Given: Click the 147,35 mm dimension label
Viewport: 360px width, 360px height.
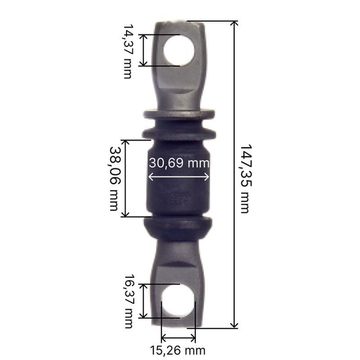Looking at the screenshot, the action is [x=246, y=179].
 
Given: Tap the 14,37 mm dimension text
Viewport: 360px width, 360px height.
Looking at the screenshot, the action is [x=127, y=51].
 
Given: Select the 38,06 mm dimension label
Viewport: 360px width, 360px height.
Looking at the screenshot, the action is [x=114, y=179].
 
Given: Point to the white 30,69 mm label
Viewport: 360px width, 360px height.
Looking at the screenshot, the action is [x=179, y=163].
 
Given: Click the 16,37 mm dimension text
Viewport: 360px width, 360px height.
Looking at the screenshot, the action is [x=129, y=302].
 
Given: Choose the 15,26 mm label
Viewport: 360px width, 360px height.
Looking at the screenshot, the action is [x=178, y=351].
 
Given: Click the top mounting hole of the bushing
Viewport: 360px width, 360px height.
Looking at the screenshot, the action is [x=179, y=51].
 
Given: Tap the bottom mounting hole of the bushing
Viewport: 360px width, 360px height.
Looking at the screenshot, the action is [x=178, y=301].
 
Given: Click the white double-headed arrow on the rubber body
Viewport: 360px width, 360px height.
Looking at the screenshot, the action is [x=179, y=177].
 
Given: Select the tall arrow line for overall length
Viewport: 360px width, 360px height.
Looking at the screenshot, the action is [x=234, y=174].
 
